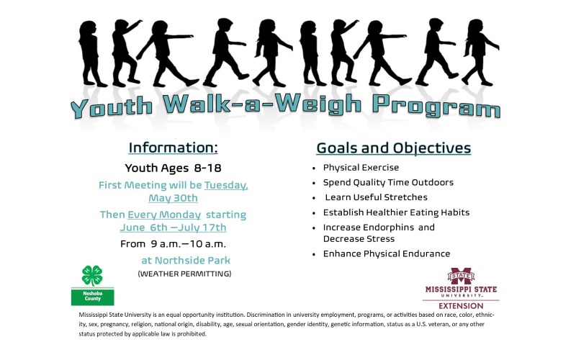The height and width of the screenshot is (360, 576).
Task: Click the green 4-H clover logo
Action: pos(92,276)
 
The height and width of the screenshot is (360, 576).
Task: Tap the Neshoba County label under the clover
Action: pos(92,297)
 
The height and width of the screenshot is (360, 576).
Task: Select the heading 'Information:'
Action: pos(173,148)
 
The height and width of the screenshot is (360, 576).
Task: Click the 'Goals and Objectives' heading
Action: pos(394,148)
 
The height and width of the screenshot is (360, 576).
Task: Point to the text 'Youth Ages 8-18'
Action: pos(173,169)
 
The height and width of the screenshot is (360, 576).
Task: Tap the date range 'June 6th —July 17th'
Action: pos(173,228)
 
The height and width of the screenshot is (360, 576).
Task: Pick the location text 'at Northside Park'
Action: pos(188,260)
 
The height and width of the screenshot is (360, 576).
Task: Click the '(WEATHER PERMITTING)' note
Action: pos(184,274)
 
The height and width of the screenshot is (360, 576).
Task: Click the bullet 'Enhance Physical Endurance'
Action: pos(387,253)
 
